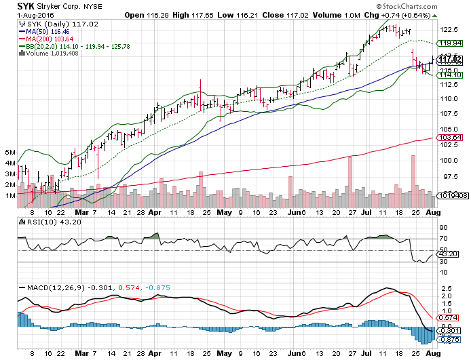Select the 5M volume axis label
[10, 153]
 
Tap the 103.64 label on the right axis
[450, 138]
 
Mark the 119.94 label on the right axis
[450, 43]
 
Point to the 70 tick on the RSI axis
[443, 239]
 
